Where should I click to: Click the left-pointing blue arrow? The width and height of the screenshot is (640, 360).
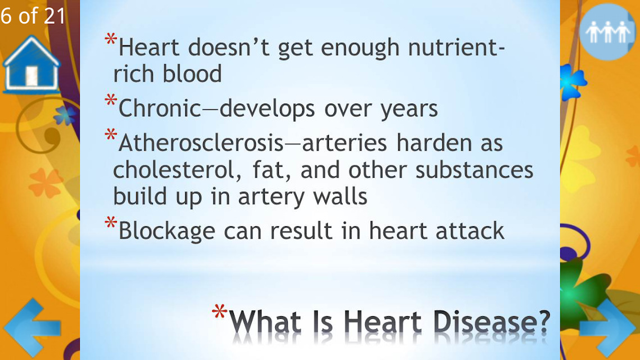(32, 328)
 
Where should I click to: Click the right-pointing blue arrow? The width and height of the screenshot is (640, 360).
(608, 328)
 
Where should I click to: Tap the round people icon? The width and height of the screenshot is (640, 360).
(607, 32)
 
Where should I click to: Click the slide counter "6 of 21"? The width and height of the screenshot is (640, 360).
(33, 16)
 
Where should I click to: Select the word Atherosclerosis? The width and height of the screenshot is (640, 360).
(201, 143)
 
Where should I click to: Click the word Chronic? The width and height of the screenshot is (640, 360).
(160, 109)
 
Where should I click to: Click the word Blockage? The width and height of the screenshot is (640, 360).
(166, 231)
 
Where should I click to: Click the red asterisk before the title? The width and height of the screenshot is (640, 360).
(219, 312)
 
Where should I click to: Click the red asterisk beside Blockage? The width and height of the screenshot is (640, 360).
(111, 223)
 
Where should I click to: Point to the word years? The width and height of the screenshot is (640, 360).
(409, 109)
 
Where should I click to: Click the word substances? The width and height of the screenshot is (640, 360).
(474, 170)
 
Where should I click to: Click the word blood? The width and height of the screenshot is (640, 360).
(192, 74)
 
